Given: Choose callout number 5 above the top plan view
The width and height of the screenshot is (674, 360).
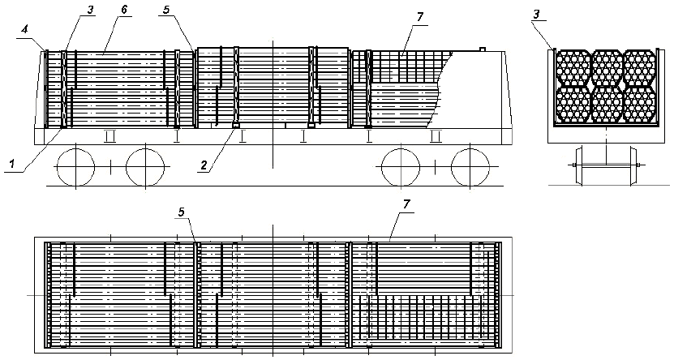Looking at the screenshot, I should [181, 213].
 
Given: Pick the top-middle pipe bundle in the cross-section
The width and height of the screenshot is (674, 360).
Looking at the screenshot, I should [607, 67].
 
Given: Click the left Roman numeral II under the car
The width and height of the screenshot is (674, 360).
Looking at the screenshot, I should [110, 134].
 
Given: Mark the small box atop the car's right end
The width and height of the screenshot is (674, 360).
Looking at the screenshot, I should [483, 49].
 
